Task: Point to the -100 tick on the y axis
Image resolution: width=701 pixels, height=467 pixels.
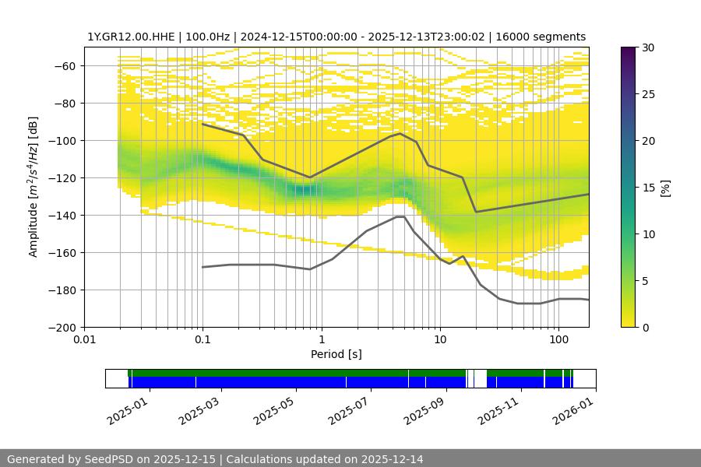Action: (x=63, y=140)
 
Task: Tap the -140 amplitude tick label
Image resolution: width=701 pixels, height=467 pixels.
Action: (x=63, y=215)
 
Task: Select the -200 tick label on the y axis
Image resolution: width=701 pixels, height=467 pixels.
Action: (x=63, y=327)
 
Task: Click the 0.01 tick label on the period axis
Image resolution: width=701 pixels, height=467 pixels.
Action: (x=84, y=340)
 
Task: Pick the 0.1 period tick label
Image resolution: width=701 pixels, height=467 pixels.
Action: (x=203, y=340)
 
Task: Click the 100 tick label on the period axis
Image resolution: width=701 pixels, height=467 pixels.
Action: (x=558, y=340)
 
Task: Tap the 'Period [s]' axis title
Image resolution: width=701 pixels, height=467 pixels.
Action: (x=336, y=354)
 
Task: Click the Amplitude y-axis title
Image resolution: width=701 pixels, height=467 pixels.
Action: (x=33, y=187)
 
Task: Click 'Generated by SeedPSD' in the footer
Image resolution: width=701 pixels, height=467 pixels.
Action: (x=66, y=459)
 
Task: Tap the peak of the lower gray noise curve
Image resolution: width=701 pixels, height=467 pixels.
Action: (x=400, y=217)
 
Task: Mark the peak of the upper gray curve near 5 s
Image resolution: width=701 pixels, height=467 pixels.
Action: (x=400, y=133)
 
